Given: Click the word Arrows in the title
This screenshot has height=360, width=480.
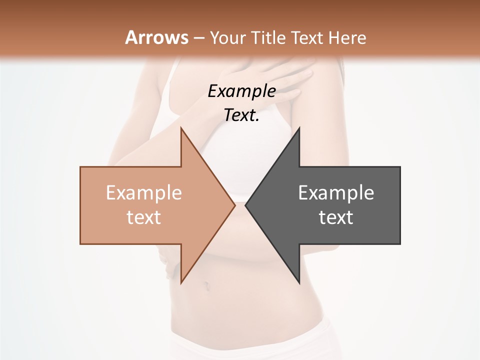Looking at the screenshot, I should (156, 37).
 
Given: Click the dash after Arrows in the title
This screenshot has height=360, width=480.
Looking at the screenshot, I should (198, 38).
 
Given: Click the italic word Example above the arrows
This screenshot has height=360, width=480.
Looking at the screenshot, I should (241, 91).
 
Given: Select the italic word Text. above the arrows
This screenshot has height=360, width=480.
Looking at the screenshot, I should (241, 115).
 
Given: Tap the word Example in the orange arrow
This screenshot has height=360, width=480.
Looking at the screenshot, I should (144, 193).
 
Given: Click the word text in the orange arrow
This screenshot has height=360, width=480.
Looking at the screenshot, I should (144, 217).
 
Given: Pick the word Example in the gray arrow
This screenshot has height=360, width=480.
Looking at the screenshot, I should (336, 193).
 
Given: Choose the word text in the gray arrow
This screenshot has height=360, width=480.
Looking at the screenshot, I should (336, 217).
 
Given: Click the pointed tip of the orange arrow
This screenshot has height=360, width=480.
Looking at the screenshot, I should (234, 205).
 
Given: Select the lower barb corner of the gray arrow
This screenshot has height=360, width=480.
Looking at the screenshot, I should (298, 282).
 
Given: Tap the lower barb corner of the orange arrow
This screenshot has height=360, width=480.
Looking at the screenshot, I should (181, 282).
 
